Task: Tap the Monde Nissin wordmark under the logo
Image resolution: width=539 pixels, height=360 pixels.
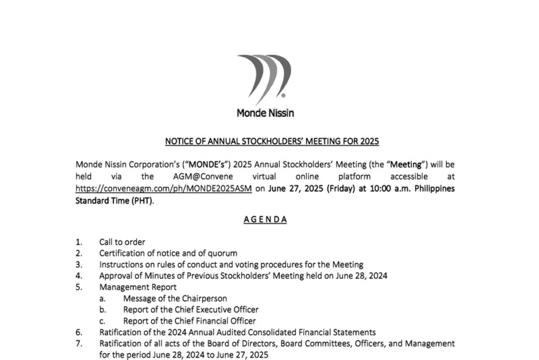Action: pos(265,113)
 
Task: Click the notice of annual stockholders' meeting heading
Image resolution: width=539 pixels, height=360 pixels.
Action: pos(272,142)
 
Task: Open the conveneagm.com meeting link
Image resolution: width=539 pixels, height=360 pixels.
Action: pos(163,188)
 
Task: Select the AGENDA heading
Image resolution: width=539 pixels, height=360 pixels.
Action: pos(265,219)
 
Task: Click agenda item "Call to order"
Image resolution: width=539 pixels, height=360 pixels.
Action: pos(122,242)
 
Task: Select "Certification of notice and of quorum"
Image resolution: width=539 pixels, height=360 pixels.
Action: pos(168,253)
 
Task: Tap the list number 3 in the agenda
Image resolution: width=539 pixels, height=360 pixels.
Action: pos(79,264)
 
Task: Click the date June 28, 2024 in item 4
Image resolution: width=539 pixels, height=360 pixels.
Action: pos(362,276)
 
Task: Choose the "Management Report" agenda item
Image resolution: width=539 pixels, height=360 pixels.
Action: pos(138,287)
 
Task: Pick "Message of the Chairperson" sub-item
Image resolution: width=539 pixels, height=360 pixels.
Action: pos(175,298)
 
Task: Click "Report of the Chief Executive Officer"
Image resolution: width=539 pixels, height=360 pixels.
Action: pos(191,309)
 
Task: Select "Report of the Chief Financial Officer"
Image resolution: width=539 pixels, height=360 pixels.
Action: pos(190,320)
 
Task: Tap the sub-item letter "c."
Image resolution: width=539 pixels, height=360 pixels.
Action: pos(102,320)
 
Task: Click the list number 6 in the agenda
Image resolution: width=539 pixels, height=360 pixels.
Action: pos(79,332)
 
